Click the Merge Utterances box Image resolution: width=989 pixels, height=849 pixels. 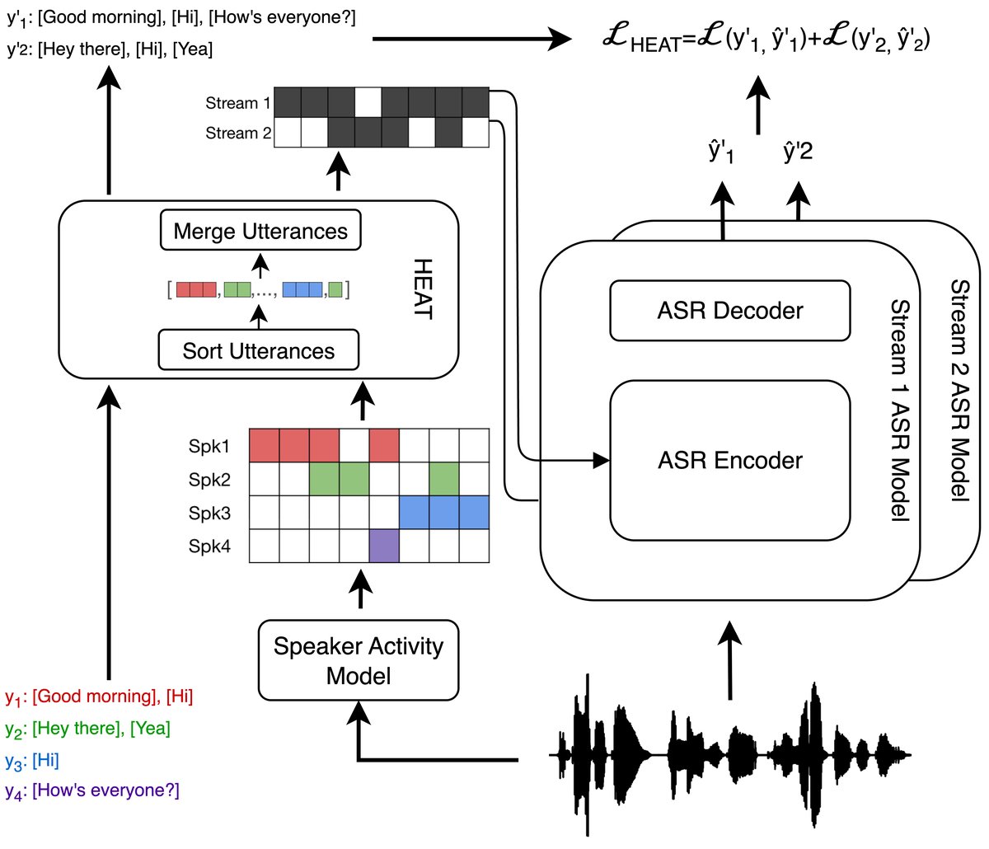(x=260, y=232)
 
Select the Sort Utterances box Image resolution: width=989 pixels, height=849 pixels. (x=259, y=351)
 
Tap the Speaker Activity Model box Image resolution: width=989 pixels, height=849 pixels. (x=359, y=661)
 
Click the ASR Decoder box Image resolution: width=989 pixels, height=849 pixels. (x=730, y=311)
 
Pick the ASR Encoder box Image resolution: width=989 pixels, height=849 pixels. (x=730, y=460)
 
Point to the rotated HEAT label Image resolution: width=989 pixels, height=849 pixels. (x=422, y=289)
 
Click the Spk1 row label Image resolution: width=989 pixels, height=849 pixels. (x=209, y=446)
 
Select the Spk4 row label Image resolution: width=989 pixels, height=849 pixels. (x=209, y=546)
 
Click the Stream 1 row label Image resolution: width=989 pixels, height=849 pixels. (x=238, y=103)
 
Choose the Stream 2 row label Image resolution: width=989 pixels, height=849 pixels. (x=238, y=133)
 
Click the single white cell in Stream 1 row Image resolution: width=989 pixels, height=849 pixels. (x=368, y=102)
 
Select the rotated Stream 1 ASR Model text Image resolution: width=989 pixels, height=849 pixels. (x=899, y=410)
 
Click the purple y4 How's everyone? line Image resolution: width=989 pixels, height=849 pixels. (x=92, y=790)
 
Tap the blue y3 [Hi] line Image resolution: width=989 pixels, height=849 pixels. (x=32, y=759)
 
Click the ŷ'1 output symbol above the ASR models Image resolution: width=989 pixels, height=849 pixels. (x=721, y=152)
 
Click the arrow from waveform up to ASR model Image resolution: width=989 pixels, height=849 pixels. (x=729, y=659)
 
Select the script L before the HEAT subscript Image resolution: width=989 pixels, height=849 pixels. (x=616, y=37)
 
